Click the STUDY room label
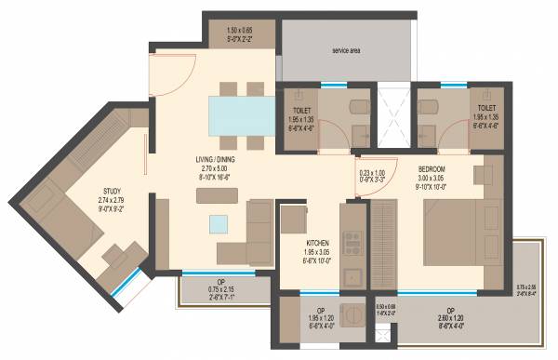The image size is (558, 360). [x=110, y=193]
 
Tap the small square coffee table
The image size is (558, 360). [x=218, y=223]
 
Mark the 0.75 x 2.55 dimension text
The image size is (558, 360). [x=526, y=288]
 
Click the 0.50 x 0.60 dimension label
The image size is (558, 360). [x=386, y=308]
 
